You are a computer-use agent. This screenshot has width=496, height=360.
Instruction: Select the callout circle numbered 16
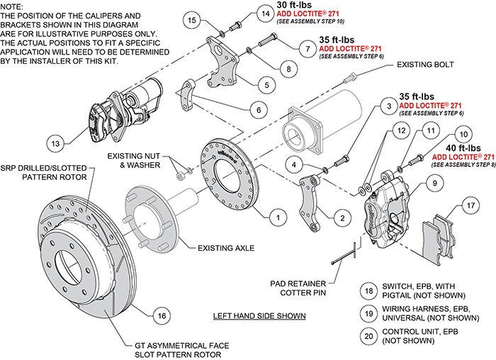tap(162, 315)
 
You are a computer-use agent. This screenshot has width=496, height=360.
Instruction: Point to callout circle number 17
tap(469, 207)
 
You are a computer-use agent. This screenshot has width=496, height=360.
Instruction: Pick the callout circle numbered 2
tap(342, 218)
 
